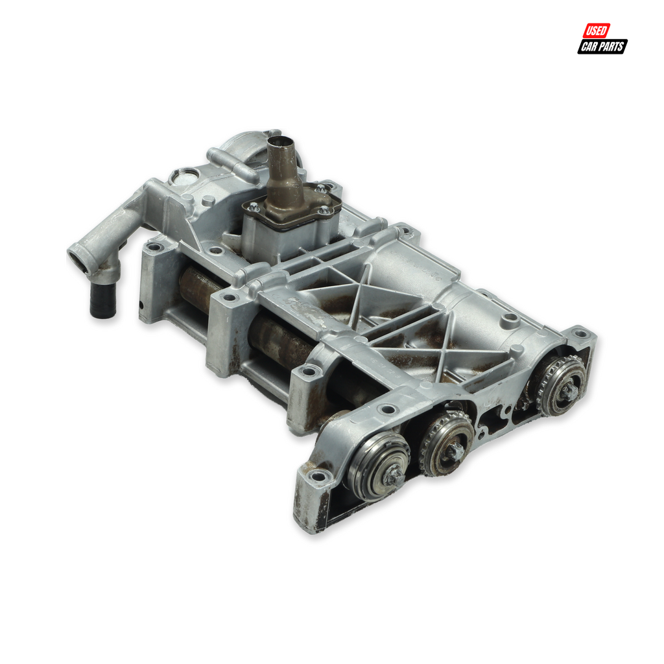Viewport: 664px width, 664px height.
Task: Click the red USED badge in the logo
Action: coord(597,30)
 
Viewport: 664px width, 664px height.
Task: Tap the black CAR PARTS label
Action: coord(602,46)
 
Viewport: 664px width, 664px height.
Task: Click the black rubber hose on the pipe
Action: coord(103,301)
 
